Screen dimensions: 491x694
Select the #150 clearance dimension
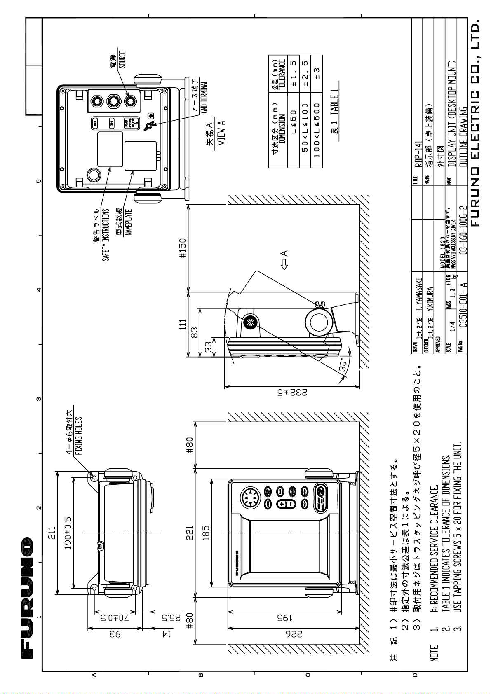[182, 248]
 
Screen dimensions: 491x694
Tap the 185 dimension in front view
[206, 532]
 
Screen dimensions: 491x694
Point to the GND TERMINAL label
[204, 97]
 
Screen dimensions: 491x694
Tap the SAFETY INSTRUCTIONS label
[106, 235]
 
